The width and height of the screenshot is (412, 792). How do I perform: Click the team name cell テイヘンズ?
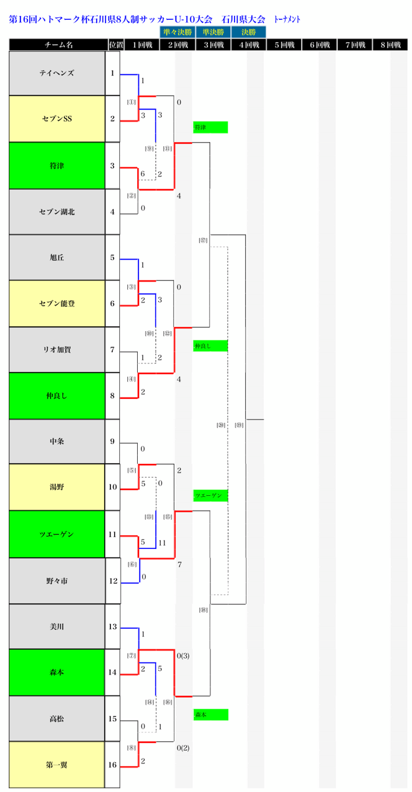(56, 73)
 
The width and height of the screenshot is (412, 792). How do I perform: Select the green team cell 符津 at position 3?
(56, 166)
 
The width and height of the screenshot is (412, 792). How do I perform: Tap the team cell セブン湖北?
(56, 211)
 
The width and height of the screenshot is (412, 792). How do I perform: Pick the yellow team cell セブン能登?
(56, 303)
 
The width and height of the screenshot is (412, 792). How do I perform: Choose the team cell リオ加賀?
(56, 350)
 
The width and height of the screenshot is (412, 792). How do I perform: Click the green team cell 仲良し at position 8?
(56, 395)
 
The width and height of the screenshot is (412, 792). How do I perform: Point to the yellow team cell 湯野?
(56, 487)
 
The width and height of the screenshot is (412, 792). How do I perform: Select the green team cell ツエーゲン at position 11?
(56, 533)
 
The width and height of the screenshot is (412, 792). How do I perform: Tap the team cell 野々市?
(56, 581)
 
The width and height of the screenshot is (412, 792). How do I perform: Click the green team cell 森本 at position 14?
(56, 672)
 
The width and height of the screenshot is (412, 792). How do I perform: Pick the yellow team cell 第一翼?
(56, 765)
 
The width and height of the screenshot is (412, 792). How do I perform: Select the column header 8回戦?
(394, 45)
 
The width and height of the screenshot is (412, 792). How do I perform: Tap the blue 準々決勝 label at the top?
(177, 32)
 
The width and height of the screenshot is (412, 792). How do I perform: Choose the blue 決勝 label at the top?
(248, 32)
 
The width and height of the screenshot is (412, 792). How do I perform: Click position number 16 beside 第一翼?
(112, 765)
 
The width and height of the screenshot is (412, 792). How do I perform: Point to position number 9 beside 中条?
(112, 441)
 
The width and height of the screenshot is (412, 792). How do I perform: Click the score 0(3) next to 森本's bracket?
(182, 656)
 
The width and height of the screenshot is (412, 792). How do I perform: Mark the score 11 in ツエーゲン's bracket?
(162, 543)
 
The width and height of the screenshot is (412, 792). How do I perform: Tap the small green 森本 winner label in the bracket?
(210, 714)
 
